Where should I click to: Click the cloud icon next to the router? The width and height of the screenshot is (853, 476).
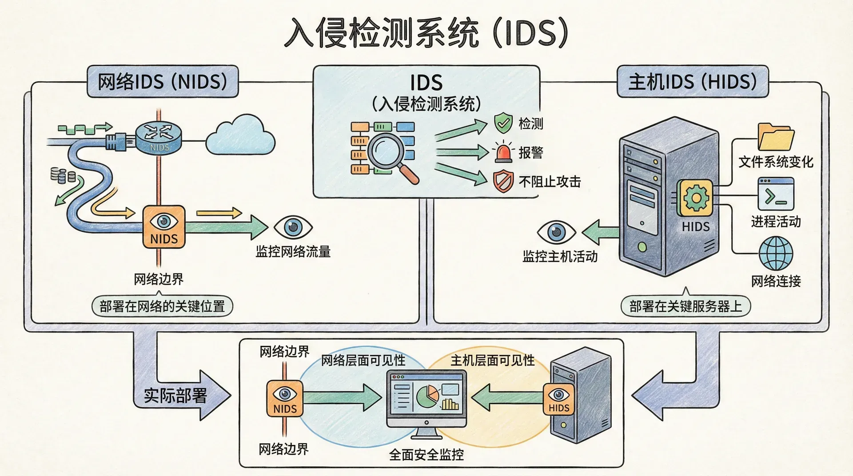tap(240, 135)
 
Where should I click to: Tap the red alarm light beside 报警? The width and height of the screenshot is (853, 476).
tap(503, 152)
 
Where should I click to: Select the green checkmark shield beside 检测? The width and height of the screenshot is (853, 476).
tap(503, 123)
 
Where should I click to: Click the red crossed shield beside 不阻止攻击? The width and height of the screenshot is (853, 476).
tap(503, 181)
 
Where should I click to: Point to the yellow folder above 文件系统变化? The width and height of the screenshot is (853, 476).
tap(776, 137)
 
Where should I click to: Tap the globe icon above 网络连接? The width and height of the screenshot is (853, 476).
tap(776, 254)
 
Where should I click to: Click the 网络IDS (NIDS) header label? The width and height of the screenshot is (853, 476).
tap(163, 82)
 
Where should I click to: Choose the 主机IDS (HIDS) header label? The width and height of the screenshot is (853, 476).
tap(692, 82)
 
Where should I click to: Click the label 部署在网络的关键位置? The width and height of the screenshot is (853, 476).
tap(162, 306)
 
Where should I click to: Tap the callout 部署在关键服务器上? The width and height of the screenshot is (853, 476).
tap(686, 306)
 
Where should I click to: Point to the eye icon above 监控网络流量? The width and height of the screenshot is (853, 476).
tap(293, 227)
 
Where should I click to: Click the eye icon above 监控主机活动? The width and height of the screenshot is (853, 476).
tap(556, 232)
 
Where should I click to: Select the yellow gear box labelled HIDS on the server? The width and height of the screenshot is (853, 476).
tap(695, 198)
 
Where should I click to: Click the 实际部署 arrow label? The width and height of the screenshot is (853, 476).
tap(175, 395)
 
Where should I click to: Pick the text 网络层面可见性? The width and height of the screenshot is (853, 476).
tap(363, 361)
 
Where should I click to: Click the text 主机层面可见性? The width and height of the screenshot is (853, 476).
tap(492, 361)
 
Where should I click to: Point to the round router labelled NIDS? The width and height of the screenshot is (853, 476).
tap(159, 136)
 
